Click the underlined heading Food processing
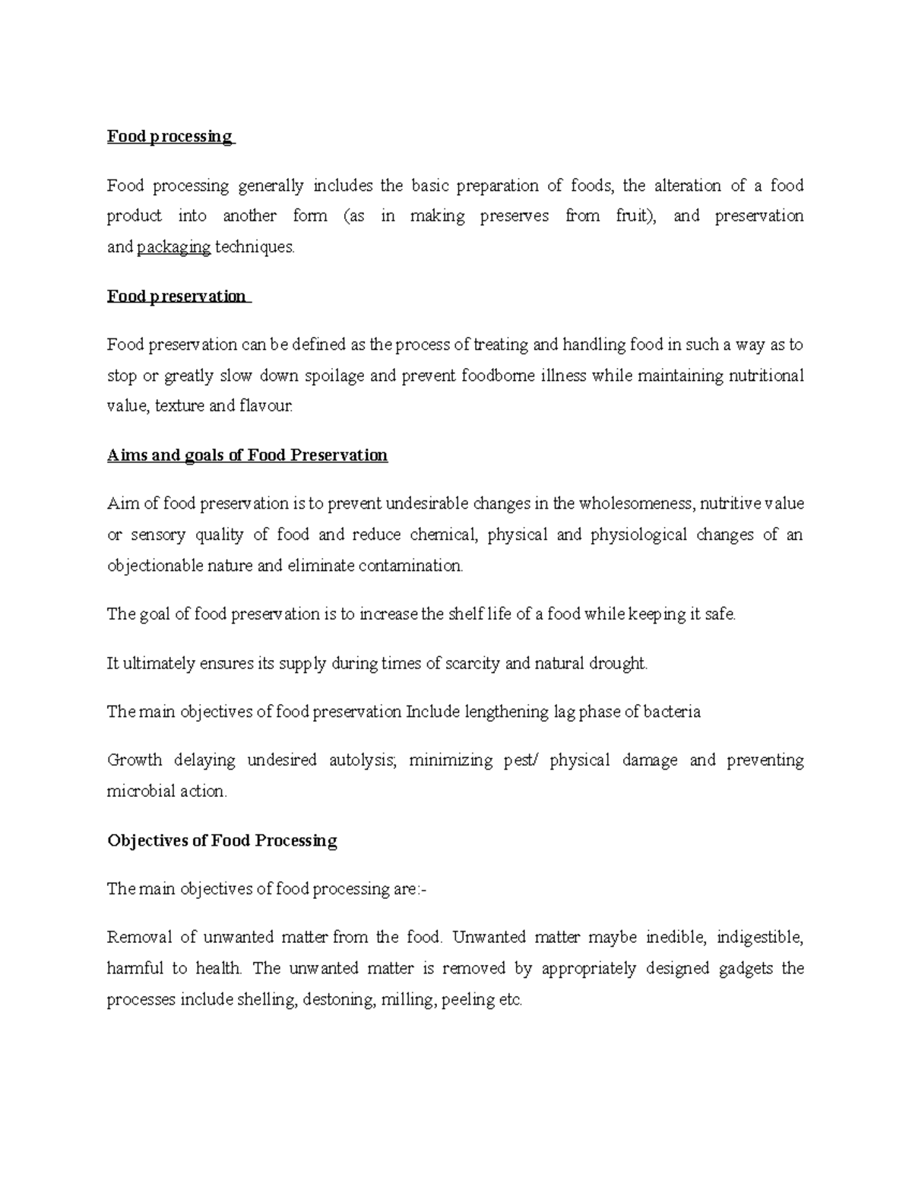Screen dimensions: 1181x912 coord(169,137)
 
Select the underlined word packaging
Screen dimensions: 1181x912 coord(173,247)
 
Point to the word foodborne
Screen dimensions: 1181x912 coord(498,376)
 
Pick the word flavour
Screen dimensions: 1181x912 coord(265,406)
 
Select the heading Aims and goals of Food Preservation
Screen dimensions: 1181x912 coord(247,456)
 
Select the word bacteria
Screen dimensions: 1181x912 coord(672,713)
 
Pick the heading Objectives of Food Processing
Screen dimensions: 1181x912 coord(222,840)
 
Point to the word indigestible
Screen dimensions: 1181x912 coord(759,937)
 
